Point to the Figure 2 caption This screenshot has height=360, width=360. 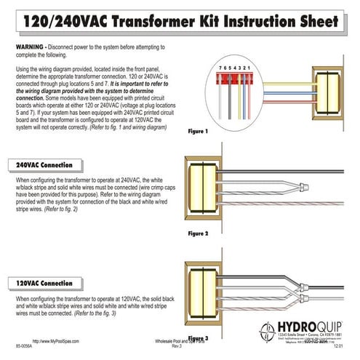click(199, 234)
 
